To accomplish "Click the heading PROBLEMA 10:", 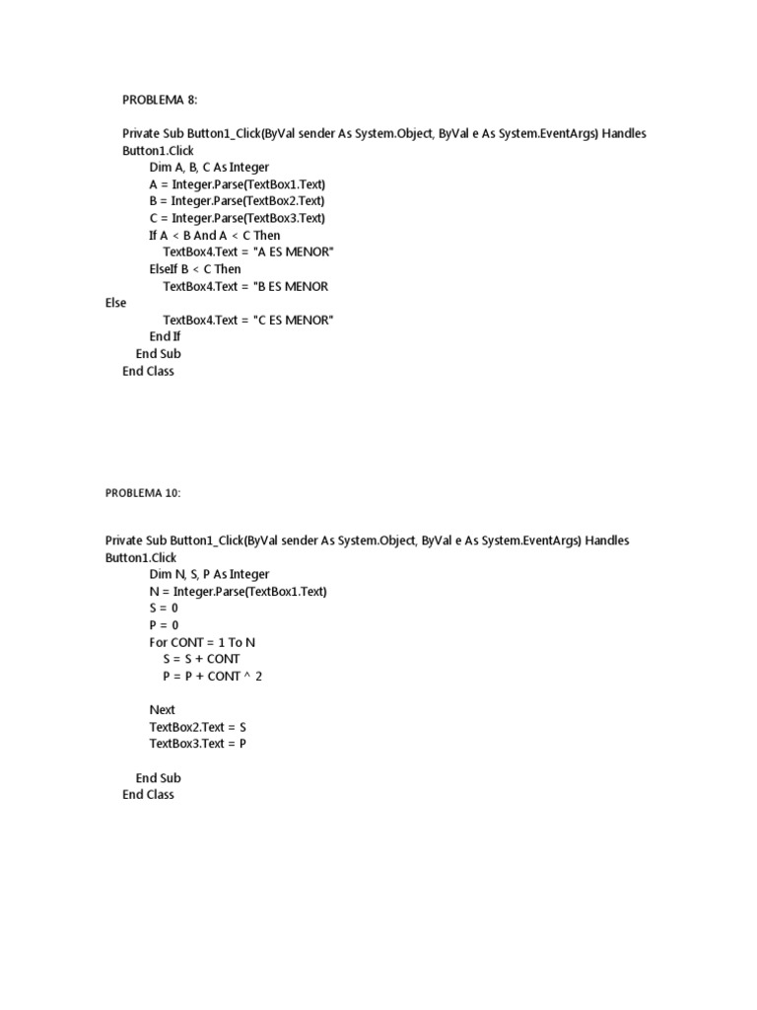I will click(143, 492).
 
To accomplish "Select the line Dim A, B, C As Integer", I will click(209, 168).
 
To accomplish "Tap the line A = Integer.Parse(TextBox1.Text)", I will click(237, 184).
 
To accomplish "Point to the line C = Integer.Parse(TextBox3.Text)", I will click(237, 218).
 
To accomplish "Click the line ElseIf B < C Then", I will click(194, 269).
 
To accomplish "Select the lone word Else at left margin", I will click(115, 303).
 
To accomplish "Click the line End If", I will click(165, 336).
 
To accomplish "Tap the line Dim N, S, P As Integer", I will click(209, 574).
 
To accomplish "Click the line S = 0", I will click(164, 608).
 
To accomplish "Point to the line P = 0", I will click(164, 624).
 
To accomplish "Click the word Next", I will click(162, 709).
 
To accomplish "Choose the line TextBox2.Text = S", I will click(197, 727).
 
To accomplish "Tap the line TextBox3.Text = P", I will click(197, 744).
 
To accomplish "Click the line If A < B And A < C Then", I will click(214, 236).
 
